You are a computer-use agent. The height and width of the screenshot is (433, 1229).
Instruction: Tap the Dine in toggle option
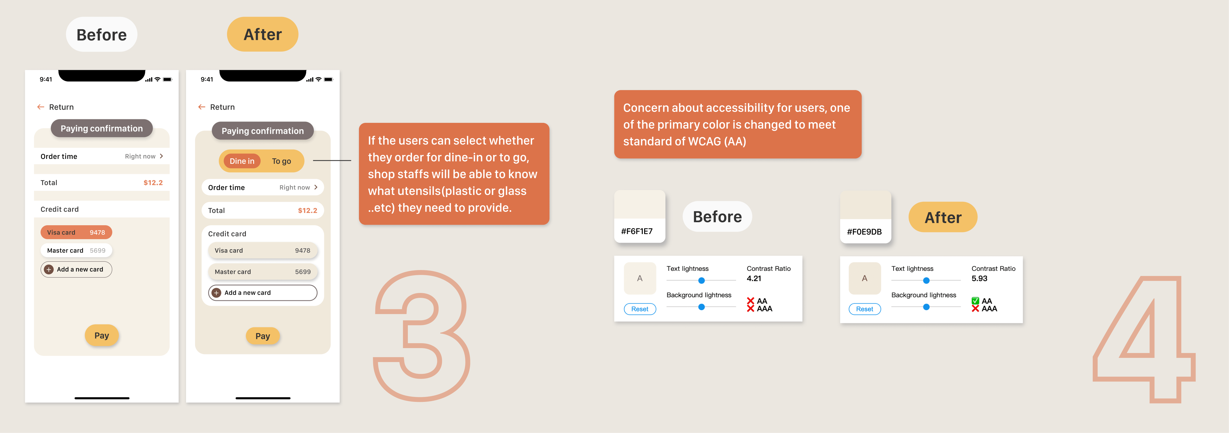(x=242, y=161)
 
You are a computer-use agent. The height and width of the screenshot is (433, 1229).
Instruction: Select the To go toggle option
(x=281, y=161)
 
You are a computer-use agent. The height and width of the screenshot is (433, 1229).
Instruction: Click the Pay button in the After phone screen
(x=263, y=336)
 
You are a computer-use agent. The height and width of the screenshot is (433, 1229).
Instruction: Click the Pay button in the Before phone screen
(x=102, y=335)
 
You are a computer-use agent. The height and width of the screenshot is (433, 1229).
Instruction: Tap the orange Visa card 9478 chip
(x=76, y=232)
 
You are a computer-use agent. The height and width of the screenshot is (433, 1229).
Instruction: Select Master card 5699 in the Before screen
(x=76, y=250)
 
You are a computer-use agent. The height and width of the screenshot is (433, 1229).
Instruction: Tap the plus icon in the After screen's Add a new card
(x=216, y=293)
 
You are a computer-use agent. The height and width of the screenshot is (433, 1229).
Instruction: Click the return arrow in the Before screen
(x=40, y=107)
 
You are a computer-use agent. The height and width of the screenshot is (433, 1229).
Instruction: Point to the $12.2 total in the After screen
(x=307, y=210)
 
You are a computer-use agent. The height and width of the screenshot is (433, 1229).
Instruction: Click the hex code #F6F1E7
(x=636, y=231)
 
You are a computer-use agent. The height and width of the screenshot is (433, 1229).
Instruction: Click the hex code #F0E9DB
(x=864, y=232)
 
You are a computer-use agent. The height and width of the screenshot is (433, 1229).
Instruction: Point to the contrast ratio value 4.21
(x=754, y=278)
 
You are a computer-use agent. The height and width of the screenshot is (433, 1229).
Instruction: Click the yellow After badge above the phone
(x=263, y=34)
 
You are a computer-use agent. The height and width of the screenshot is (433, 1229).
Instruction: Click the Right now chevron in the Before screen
(x=161, y=156)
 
